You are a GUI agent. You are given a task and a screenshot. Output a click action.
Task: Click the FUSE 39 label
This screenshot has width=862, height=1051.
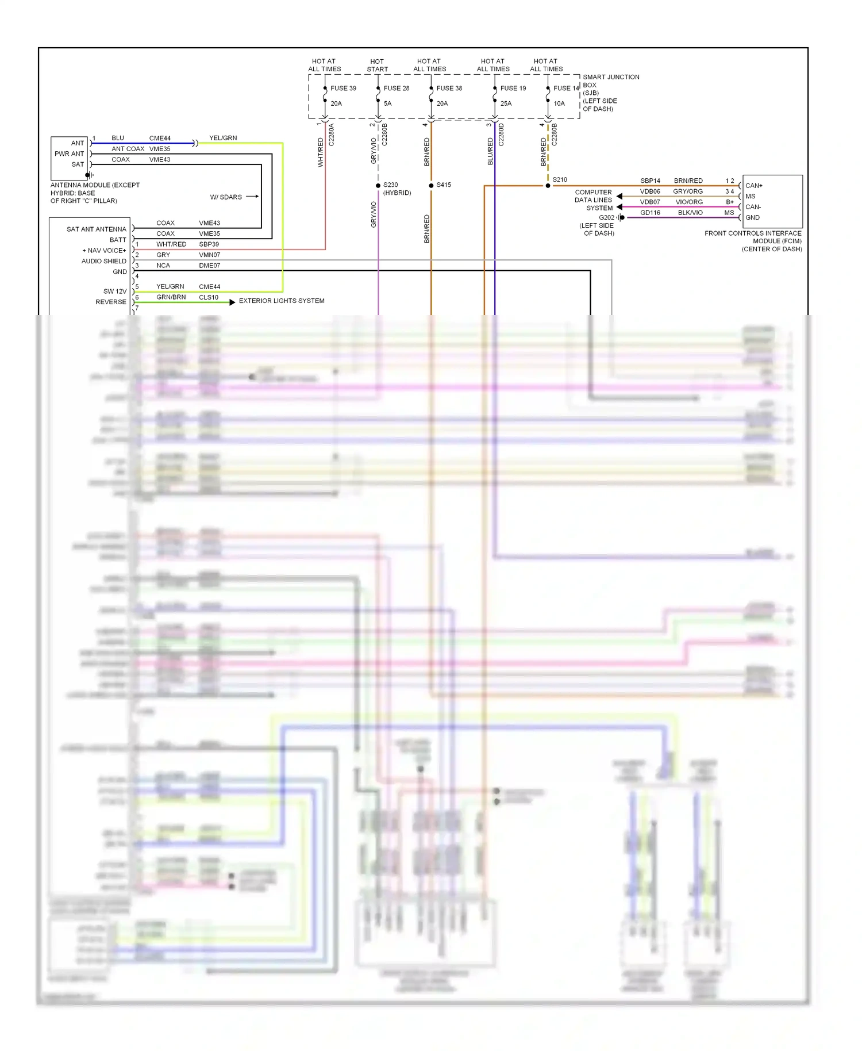343,88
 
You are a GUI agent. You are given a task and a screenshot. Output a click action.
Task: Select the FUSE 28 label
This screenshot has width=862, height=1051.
396,88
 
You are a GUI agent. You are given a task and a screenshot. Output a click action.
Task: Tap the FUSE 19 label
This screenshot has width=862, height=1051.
513,88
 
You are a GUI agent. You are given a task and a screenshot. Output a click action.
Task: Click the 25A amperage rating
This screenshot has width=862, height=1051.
506,103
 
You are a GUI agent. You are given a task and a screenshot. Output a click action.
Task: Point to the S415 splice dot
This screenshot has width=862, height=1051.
431,185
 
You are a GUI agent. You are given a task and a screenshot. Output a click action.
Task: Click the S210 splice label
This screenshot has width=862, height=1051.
560,179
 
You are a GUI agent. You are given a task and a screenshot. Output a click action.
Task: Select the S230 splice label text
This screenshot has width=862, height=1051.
391,185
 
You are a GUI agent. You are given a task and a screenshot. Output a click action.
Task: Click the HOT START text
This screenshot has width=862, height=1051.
377,65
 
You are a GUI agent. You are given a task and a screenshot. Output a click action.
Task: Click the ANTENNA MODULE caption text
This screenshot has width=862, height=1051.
95,193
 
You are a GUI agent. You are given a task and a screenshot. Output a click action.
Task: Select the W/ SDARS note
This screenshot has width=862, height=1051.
226,197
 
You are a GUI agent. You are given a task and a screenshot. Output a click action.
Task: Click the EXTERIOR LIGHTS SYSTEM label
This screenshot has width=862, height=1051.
282,301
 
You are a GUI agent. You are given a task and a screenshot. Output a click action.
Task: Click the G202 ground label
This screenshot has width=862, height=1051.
606,217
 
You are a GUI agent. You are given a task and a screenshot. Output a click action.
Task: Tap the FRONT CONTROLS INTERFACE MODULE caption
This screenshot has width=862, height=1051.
753,241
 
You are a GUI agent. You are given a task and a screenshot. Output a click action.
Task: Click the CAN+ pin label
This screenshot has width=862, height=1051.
753,186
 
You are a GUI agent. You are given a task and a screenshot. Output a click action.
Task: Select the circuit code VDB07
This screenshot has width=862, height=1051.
650,202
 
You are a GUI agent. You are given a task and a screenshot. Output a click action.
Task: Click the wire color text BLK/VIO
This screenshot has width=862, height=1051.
690,213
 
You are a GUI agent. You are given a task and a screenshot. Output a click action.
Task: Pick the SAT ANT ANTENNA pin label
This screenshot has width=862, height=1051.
96,229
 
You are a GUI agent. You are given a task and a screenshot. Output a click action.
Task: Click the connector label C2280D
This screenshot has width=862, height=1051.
501,135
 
